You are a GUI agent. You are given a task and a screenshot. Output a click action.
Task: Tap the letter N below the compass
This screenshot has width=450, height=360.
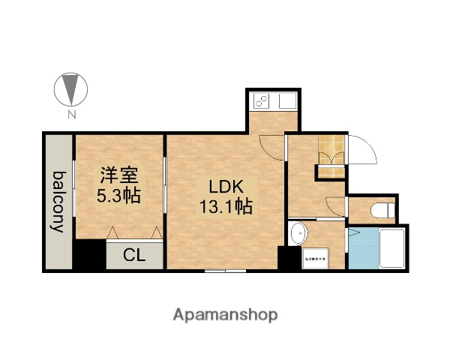pos(71,115)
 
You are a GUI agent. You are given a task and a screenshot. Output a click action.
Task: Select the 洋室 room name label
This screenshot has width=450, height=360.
pos(119,175)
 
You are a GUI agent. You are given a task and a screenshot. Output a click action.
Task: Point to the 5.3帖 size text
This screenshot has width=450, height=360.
pos(119,196)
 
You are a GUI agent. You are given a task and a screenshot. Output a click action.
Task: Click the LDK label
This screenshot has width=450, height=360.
pos(224,186)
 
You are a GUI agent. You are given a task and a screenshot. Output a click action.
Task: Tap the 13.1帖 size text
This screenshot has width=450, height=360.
pos(224,206)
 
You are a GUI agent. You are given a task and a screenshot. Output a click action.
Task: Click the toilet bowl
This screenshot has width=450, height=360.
pos(382,209)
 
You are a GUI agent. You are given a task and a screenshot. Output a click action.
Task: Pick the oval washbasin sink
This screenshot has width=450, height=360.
pos(298,233)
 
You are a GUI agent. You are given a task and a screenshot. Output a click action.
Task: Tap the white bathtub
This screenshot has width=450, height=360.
pos(392,249)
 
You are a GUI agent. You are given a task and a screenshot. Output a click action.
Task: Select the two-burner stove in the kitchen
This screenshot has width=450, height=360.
pos(263,99)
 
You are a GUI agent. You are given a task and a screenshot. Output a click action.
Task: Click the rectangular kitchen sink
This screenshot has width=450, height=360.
pos(287,99)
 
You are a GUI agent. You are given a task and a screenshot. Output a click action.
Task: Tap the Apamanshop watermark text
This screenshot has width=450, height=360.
pos(225,313)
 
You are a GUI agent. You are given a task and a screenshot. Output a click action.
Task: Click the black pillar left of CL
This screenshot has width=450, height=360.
pos(89,256)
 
